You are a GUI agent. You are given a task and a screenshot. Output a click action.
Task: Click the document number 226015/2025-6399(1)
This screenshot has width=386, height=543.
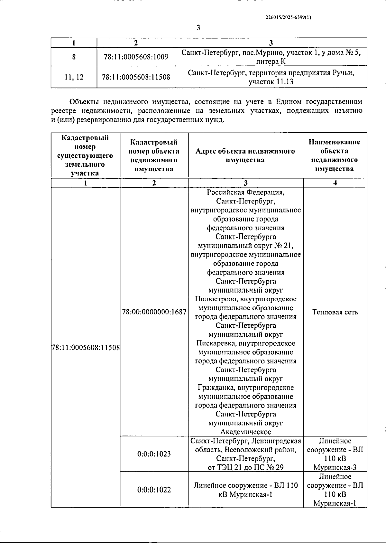(288, 18)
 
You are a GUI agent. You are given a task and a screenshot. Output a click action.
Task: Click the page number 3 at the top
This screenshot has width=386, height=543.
(198, 28)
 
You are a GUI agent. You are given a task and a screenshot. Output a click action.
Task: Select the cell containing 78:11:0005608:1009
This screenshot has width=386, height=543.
(136, 57)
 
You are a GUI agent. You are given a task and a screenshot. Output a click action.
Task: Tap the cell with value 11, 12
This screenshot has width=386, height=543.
(74, 77)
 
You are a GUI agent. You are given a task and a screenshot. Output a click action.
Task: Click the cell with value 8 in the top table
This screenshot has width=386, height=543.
(74, 57)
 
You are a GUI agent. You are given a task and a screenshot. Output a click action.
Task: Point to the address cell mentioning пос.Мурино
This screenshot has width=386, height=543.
(271, 57)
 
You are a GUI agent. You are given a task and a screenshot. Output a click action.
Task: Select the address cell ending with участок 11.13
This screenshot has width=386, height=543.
(271, 77)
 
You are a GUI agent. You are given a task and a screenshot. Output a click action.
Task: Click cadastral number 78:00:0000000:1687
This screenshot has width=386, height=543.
(154, 312)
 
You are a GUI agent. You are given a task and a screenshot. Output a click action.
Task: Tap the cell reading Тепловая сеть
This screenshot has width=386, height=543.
(335, 312)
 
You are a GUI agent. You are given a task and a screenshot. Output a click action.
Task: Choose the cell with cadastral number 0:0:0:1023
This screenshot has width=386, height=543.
(154, 454)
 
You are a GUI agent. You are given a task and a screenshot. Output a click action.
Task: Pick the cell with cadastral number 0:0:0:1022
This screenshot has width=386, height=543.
(154, 490)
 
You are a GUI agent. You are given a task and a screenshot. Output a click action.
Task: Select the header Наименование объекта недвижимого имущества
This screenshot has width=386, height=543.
(335, 155)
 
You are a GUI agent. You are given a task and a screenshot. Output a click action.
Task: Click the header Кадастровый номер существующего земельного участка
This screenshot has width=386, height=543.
(85, 155)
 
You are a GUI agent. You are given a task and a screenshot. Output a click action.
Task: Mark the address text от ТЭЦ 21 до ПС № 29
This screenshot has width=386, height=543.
(246, 467)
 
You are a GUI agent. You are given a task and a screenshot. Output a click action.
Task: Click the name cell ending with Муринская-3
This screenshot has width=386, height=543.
(335, 454)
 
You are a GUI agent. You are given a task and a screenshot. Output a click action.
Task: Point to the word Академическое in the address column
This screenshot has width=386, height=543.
(246, 432)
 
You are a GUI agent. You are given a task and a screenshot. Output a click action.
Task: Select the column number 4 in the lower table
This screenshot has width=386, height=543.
(335, 183)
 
